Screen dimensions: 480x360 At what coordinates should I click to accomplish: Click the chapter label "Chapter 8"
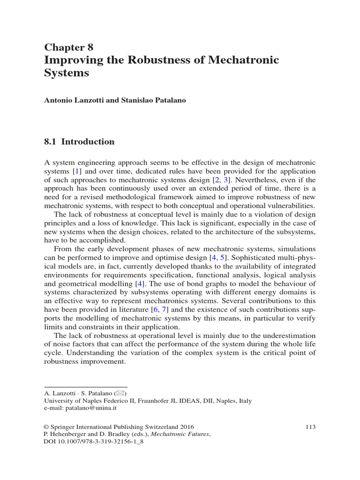[68, 47]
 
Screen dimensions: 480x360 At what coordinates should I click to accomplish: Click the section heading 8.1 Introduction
[79, 142]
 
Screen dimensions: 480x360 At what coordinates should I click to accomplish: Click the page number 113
[310, 427]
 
